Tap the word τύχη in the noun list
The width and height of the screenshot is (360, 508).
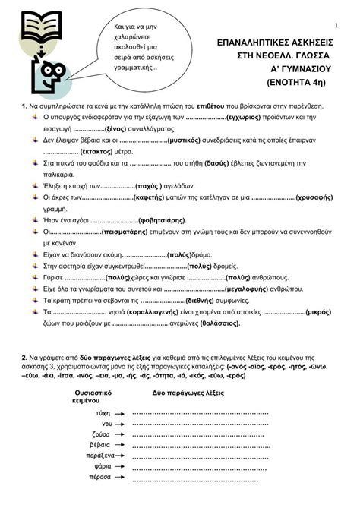(x=103, y=412)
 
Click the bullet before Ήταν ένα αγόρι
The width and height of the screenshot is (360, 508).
(x=36, y=219)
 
